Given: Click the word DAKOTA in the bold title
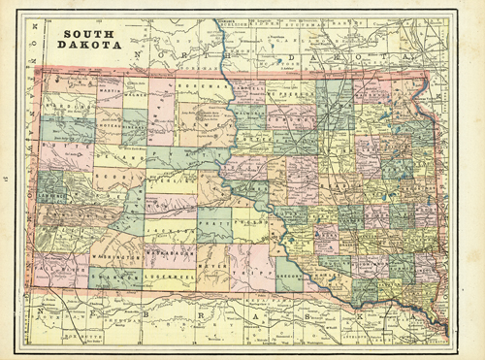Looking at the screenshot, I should tap(89, 45).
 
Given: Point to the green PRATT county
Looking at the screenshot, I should tap(215, 223).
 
